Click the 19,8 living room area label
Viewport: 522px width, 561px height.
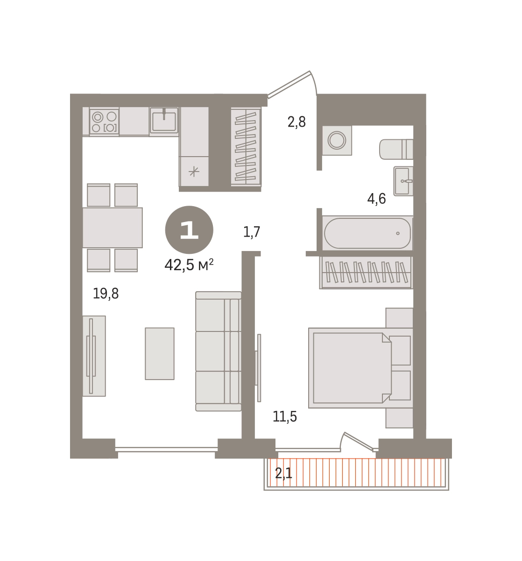click(x=106, y=294)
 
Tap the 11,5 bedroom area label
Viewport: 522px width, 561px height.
click(x=284, y=417)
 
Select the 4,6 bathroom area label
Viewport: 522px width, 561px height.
click(x=376, y=199)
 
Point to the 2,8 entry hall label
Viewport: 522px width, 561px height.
click(x=296, y=122)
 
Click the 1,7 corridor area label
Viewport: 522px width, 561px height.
click(x=251, y=232)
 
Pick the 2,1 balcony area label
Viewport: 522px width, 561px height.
click(x=283, y=474)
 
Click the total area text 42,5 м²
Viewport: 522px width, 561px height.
click(x=189, y=265)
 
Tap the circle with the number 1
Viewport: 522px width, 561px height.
click(x=189, y=230)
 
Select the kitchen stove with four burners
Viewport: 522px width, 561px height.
click(x=104, y=121)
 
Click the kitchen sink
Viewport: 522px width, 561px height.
click(x=164, y=120)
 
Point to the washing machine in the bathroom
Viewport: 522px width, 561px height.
click(x=337, y=140)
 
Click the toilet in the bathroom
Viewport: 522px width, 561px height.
click(x=396, y=149)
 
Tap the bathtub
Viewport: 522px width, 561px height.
click(x=367, y=233)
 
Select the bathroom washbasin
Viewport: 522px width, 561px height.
click(x=403, y=181)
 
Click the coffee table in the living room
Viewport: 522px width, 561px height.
click(x=159, y=353)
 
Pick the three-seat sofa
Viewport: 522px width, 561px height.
click(x=219, y=351)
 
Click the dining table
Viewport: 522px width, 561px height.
click(x=113, y=228)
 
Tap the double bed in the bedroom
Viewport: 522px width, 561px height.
click(x=360, y=368)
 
